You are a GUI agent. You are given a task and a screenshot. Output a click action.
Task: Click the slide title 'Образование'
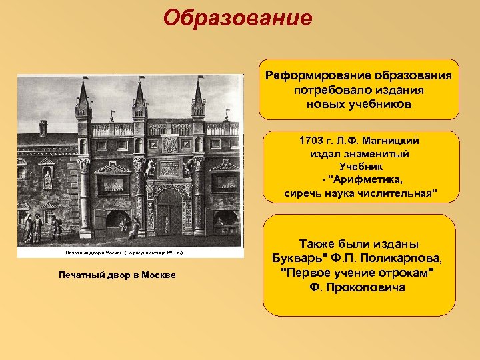[239, 18]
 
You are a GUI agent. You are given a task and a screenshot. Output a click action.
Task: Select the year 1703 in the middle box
[312, 141]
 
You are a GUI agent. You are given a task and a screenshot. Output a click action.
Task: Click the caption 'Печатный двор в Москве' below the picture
[117, 275]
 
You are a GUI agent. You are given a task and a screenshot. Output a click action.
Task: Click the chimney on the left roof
[43, 127]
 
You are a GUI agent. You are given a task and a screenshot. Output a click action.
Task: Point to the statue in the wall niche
[47, 179]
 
